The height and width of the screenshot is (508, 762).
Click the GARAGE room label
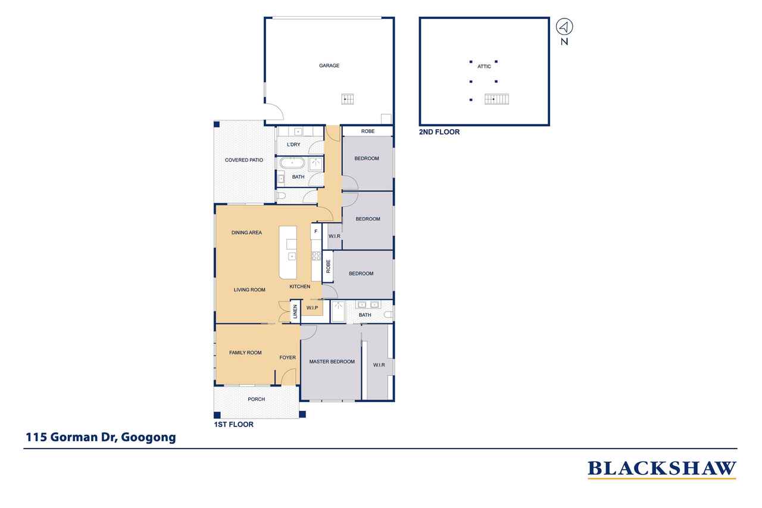pos(329,66)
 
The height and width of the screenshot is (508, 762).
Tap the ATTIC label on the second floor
pos(484,66)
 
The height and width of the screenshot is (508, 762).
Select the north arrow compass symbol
pos(564,27)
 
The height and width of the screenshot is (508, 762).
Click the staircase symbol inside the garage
pos(348,99)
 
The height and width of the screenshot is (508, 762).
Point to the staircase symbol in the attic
pos(496,99)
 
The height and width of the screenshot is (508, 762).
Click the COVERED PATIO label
pos(244,160)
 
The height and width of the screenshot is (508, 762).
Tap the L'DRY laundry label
pos(293,145)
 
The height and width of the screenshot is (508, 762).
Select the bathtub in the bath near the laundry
pos(292,163)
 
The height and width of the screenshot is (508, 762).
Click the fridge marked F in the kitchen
pos(316,232)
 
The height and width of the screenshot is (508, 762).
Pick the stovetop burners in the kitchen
pos(316,256)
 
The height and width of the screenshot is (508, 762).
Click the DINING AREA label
pos(246,233)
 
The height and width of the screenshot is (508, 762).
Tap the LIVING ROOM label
pos(249,290)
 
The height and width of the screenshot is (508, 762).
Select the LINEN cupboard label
pos(295,311)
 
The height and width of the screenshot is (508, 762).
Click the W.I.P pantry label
pos(313,308)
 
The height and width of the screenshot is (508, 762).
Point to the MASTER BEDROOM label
pos(332,361)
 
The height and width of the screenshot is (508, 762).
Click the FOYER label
pos(288,357)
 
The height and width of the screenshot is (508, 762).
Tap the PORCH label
pos(256,399)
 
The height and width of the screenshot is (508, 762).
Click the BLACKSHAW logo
pos(662,469)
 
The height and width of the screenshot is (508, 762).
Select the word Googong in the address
pos(148,437)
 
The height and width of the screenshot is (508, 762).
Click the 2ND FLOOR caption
pos(439,132)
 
